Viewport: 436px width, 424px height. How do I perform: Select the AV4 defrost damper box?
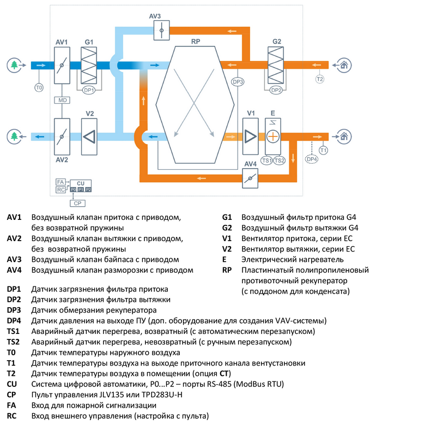click(x=250, y=177)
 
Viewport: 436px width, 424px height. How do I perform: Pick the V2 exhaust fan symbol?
click(x=90, y=136)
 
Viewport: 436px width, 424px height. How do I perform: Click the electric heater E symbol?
click(x=273, y=136)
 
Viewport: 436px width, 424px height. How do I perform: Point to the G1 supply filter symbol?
click(x=89, y=65)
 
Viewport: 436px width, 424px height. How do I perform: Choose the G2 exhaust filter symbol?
click(x=276, y=65)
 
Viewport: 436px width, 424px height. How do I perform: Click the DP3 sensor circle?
click(x=238, y=82)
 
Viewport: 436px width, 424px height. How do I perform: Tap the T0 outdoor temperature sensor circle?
click(x=39, y=87)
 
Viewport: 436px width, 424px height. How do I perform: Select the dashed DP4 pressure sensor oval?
click(x=311, y=159)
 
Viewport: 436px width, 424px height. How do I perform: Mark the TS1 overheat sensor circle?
click(x=267, y=160)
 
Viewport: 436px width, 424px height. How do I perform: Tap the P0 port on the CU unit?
click(x=73, y=189)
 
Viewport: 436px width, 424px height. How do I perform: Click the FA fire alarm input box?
click(x=60, y=182)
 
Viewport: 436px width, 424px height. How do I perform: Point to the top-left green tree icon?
click(x=15, y=64)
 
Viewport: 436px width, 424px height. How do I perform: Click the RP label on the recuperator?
click(x=195, y=41)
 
